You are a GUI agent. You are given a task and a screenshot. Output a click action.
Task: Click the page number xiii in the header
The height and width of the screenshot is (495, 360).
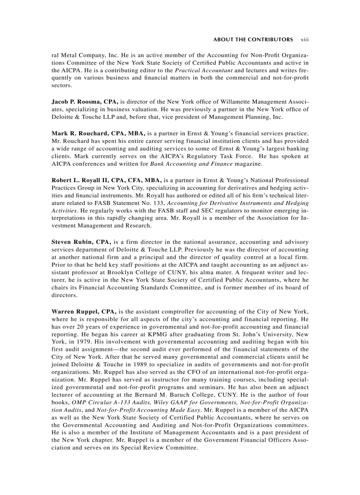[304, 40]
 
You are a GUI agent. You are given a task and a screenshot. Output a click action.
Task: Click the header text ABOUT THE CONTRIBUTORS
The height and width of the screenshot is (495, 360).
[253, 40]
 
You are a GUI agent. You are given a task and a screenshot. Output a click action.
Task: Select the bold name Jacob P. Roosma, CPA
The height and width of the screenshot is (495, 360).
[85, 102]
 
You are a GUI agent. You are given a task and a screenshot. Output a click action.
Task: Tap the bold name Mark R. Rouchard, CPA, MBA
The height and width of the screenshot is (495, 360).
[98, 133]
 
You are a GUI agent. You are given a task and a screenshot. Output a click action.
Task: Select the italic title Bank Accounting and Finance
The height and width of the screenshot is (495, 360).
[191, 164]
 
